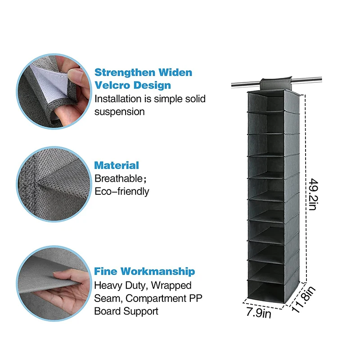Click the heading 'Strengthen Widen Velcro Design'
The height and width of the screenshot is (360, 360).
coord(143,79)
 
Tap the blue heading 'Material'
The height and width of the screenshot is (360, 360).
coord(117,165)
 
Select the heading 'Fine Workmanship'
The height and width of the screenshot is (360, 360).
coord(144,271)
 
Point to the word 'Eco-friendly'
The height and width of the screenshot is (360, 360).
coord(121,191)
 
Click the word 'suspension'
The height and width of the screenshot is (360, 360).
coord(119,111)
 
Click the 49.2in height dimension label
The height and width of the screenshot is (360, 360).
coord(314,194)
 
